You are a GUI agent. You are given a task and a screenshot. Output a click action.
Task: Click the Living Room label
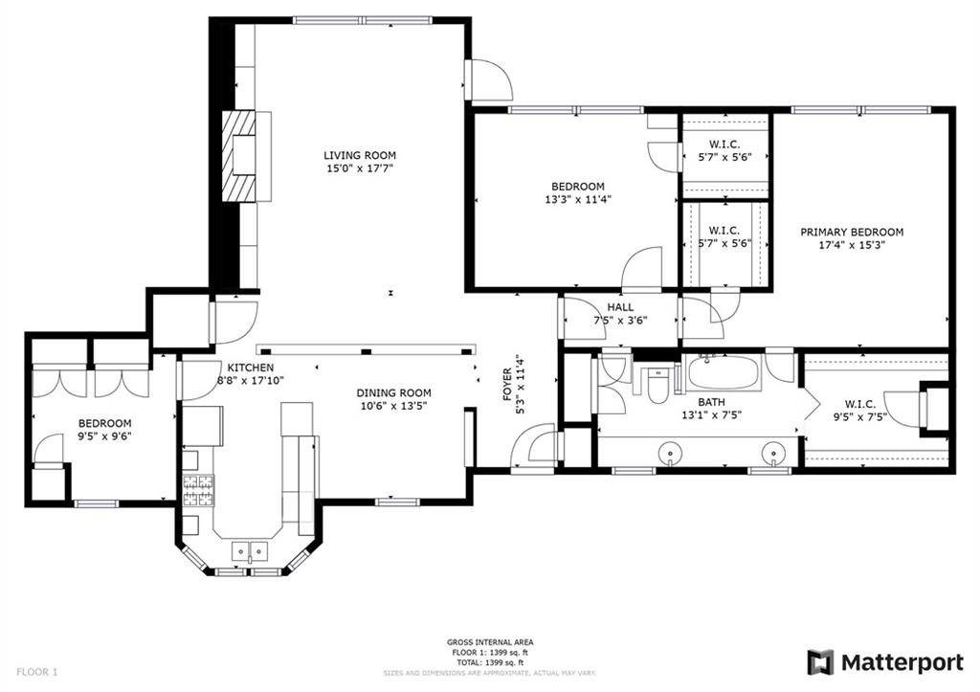[359, 155]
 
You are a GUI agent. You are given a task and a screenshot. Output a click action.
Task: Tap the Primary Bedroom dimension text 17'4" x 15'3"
[852, 246]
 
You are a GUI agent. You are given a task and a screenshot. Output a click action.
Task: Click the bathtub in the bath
[722, 372]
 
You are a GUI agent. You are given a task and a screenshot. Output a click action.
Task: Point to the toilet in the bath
[658, 386]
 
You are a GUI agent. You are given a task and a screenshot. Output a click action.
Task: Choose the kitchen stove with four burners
[198, 490]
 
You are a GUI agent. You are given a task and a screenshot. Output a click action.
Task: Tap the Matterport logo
[885, 662]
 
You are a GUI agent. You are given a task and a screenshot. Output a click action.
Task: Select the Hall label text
[620, 307]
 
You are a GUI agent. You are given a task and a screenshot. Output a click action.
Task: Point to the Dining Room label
[393, 392]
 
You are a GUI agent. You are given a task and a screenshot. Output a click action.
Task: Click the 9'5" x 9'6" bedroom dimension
[104, 437]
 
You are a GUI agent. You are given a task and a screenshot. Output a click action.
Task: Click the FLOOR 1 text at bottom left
[35, 672]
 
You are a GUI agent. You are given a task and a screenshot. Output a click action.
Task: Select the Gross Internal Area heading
[490, 642]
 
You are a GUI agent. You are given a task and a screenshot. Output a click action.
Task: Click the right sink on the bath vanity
[772, 451]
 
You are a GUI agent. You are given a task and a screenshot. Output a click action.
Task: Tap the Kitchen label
[251, 368]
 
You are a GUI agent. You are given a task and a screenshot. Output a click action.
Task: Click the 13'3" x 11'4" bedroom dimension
[577, 200]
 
